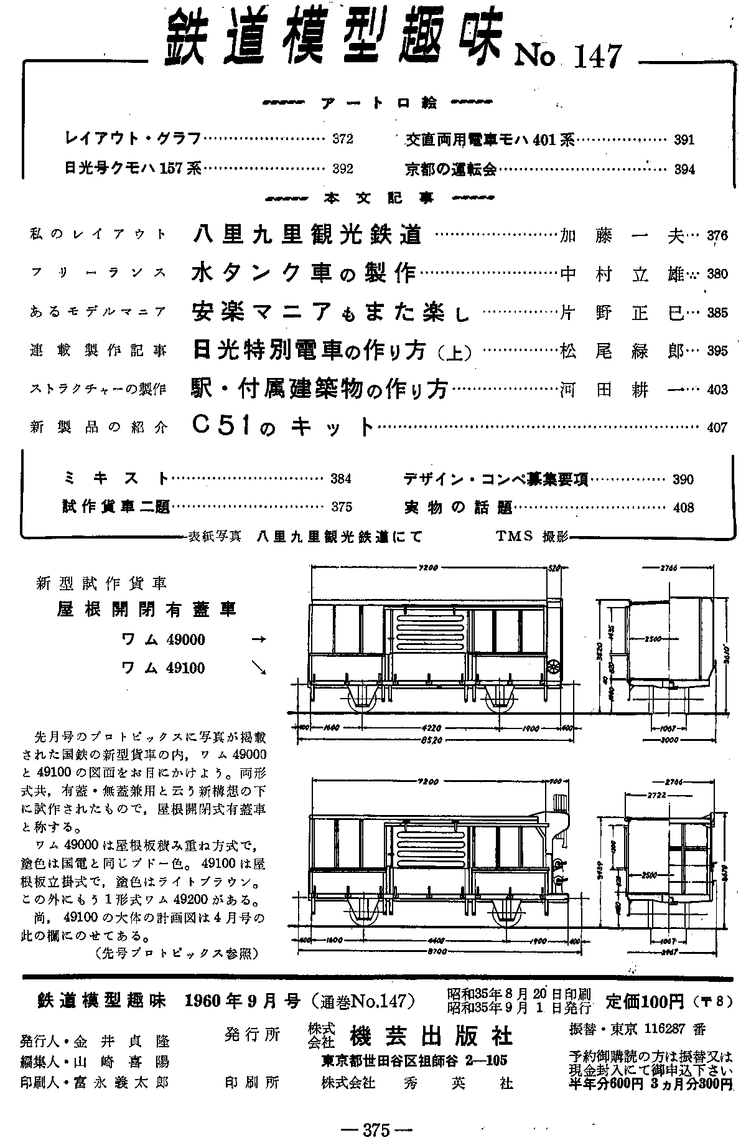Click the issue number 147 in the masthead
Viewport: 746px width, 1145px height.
click(x=592, y=57)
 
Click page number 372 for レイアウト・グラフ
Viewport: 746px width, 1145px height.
click(x=343, y=139)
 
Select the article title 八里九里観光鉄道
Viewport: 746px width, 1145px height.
click(x=307, y=235)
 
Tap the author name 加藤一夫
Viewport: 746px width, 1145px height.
click(x=622, y=236)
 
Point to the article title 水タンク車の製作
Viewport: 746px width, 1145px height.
click(x=304, y=273)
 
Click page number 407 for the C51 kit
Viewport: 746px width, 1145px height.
click(x=717, y=428)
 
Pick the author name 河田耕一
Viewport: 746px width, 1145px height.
click(x=622, y=390)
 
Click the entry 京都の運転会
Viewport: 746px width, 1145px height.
click(x=450, y=169)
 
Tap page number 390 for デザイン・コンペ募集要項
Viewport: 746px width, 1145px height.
click(x=683, y=479)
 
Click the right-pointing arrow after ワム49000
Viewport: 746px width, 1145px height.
click(x=258, y=639)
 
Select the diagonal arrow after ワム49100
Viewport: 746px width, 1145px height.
click(x=258, y=667)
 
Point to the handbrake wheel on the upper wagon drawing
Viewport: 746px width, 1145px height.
click(x=552, y=667)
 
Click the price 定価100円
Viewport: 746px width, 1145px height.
click(x=645, y=1002)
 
